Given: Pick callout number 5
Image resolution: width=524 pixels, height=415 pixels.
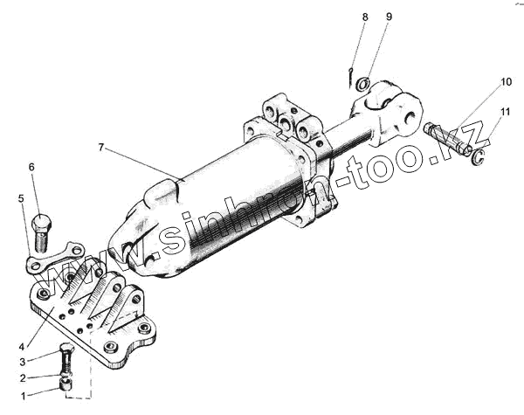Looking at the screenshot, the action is (21, 199).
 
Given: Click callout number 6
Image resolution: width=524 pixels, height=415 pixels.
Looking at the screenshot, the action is (31, 167).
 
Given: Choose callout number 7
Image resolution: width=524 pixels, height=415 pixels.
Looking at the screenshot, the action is (102, 149).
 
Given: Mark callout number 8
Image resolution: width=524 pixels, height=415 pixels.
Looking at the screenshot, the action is (365, 17).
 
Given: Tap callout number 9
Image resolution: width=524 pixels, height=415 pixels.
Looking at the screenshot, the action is (389, 17).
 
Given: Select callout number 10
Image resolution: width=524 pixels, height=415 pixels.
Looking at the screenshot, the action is (506, 83).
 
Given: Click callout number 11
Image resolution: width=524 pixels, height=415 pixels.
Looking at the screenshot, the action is (506, 112).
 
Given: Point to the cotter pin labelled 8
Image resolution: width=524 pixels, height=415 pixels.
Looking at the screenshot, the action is (349, 77).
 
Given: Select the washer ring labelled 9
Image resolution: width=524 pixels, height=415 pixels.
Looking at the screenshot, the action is (363, 85).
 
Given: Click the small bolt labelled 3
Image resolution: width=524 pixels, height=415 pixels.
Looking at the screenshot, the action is (67, 357).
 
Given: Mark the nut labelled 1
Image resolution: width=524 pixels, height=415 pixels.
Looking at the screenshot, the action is (65, 384).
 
